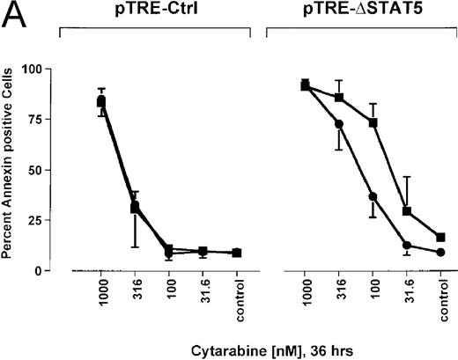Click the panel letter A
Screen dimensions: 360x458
[x=14, y=15]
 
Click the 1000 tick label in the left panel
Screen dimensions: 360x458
[x=101, y=297]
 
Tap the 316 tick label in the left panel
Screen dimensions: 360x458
[x=136, y=294]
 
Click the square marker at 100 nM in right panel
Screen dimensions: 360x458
[x=373, y=123]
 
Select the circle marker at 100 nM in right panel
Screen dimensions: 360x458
[x=373, y=196]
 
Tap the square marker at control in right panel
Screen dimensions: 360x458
[x=440, y=237]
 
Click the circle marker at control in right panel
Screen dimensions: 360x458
[x=440, y=252]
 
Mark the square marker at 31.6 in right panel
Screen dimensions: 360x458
[x=407, y=211]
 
